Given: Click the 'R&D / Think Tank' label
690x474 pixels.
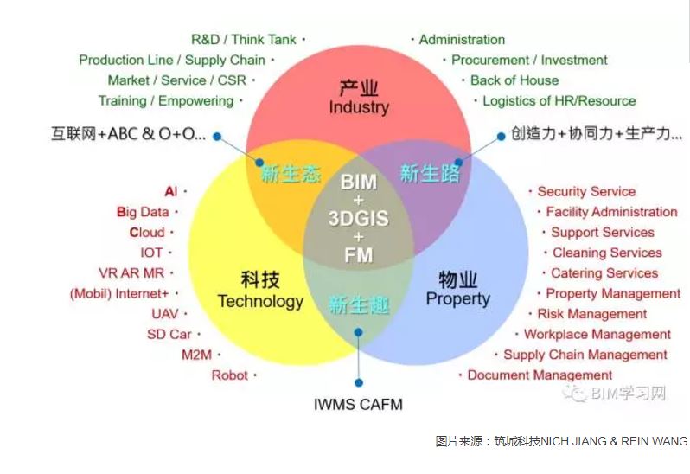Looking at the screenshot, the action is [243, 40].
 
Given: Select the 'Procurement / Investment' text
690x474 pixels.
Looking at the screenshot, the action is [529, 60].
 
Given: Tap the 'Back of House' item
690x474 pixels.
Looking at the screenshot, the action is [514, 80].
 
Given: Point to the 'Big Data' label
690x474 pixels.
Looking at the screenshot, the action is [143, 212].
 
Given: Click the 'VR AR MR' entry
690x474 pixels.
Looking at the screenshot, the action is [131, 272].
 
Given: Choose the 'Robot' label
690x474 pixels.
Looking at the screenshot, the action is [230, 375].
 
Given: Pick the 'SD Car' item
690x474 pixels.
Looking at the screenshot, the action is [169, 335].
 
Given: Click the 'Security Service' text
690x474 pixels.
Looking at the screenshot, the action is [586, 191].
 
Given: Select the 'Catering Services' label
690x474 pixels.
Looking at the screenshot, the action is [604, 273].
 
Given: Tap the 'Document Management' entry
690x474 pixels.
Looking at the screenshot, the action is [540, 375].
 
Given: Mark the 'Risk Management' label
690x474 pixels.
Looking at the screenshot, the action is [592, 314].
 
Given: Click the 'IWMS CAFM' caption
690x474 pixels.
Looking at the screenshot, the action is [358, 405].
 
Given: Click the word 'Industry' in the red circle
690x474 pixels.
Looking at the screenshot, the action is [359, 107].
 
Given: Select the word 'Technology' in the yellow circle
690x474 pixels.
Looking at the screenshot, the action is [260, 302].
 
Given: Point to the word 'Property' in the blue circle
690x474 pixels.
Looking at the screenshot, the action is [457, 298].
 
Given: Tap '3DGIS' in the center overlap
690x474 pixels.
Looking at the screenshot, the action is [359, 218].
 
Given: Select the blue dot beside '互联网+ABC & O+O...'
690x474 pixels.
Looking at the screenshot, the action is [217, 137].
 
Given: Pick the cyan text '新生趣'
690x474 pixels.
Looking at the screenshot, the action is [359, 305].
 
